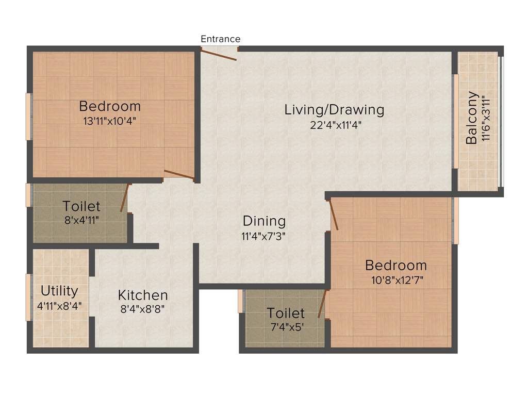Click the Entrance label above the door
(x=220, y=39)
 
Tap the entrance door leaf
(x=219, y=54)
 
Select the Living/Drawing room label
(x=334, y=110)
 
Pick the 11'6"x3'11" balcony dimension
(x=485, y=118)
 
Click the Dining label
(x=264, y=221)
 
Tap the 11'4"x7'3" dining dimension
(x=264, y=236)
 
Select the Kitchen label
(x=143, y=295)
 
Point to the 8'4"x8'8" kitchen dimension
(x=143, y=309)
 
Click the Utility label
(x=59, y=291)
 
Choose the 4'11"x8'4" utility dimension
(x=59, y=305)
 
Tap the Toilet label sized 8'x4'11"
(x=81, y=206)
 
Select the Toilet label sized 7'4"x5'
(x=286, y=313)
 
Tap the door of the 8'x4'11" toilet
(x=124, y=199)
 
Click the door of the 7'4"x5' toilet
(x=322, y=304)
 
